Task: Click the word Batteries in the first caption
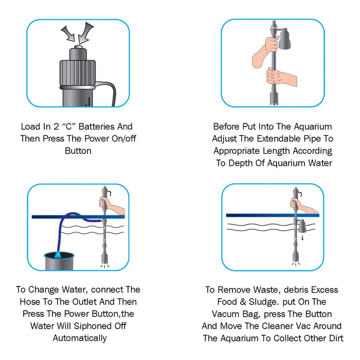(97, 127)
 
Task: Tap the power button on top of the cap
(78, 47)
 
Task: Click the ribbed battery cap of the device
(78, 73)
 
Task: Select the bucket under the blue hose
(59, 261)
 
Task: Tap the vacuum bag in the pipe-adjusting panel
(284, 39)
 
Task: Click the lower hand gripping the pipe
(281, 77)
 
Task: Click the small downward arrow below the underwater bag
(302, 238)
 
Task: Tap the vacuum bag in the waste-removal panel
(301, 226)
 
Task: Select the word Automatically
(80, 338)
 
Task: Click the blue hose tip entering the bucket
(58, 255)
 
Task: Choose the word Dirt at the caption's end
(336, 338)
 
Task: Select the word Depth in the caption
(241, 163)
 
